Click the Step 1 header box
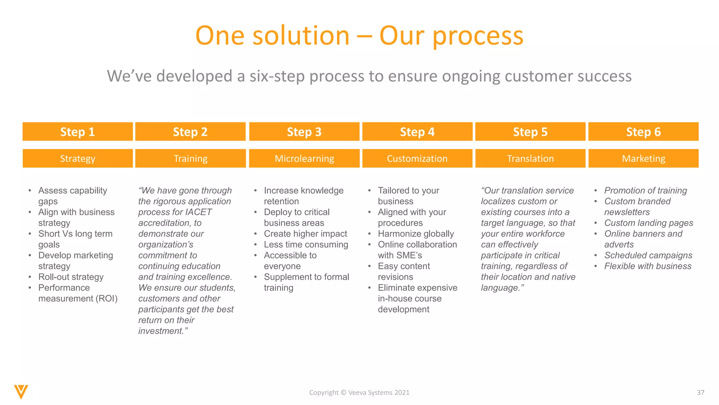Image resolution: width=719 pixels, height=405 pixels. pyautogui.click(x=78, y=132)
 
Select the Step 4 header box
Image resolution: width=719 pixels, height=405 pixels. pyautogui.click(x=417, y=132)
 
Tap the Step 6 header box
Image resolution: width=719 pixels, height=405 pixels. pyautogui.click(x=643, y=132)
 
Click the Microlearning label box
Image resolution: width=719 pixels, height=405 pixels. pyautogui.click(x=304, y=159)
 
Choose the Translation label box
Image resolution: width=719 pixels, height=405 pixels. pyautogui.click(x=530, y=159)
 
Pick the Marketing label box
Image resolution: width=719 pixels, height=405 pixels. pyautogui.click(x=643, y=159)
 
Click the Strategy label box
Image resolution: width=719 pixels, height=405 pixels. pyautogui.click(x=78, y=159)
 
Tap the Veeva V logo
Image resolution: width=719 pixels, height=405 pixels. pyautogui.click(x=21, y=392)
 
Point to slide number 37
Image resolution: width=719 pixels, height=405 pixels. pyautogui.click(x=700, y=393)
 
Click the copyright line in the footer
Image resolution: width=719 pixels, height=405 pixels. pyautogui.click(x=359, y=393)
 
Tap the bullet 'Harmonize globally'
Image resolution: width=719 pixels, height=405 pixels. pyautogui.click(x=416, y=234)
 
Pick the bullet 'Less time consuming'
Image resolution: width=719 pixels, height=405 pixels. pyautogui.click(x=306, y=245)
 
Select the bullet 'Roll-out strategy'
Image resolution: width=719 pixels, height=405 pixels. pyautogui.click(x=71, y=277)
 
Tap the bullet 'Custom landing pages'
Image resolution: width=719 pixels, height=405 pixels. pyautogui.click(x=648, y=223)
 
